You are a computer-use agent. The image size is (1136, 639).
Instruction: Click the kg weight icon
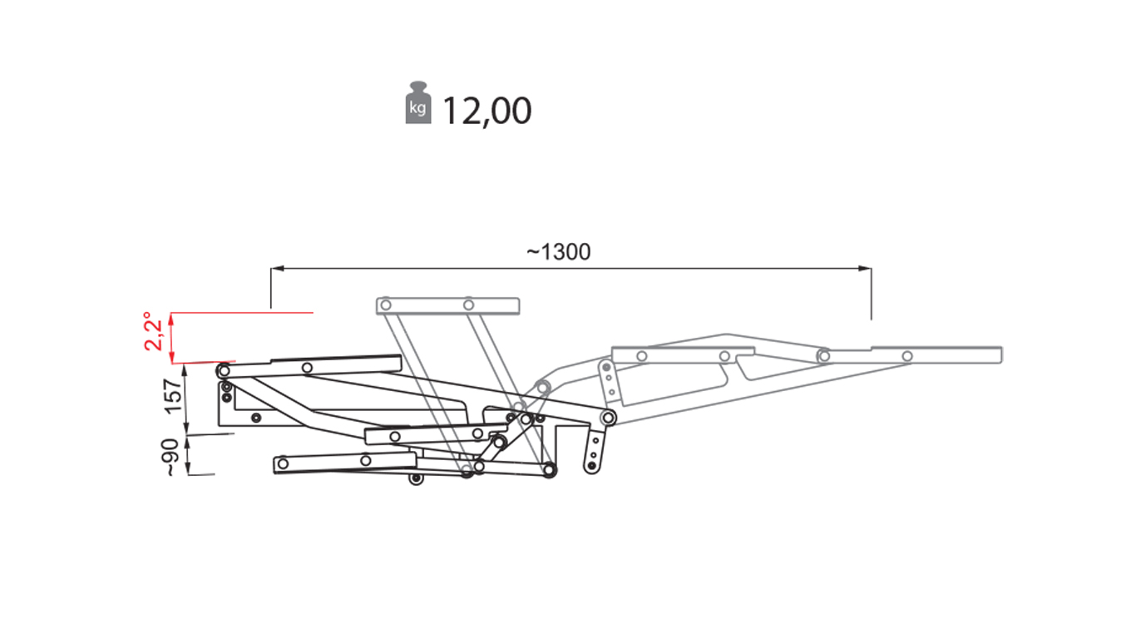pyautogui.click(x=417, y=102)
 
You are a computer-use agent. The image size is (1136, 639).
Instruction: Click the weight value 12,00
pyautogui.click(x=487, y=111)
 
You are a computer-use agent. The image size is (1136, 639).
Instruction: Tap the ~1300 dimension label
pyautogui.click(x=558, y=252)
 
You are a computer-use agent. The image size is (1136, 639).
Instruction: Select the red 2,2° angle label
pyautogui.click(x=153, y=331)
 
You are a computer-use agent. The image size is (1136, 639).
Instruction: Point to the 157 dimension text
pyautogui.click(x=173, y=397)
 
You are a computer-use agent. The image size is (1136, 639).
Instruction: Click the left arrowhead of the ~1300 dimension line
pyautogui.click(x=278, y=268)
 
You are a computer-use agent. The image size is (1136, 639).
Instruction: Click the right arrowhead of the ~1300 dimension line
pyautogui.click(x=865, y=268)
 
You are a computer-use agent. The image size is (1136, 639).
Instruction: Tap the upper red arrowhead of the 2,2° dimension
pyautogui.click(x=171, y=319)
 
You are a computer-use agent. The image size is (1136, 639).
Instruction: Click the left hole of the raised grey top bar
pyautogui.click(x=386, y=305)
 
